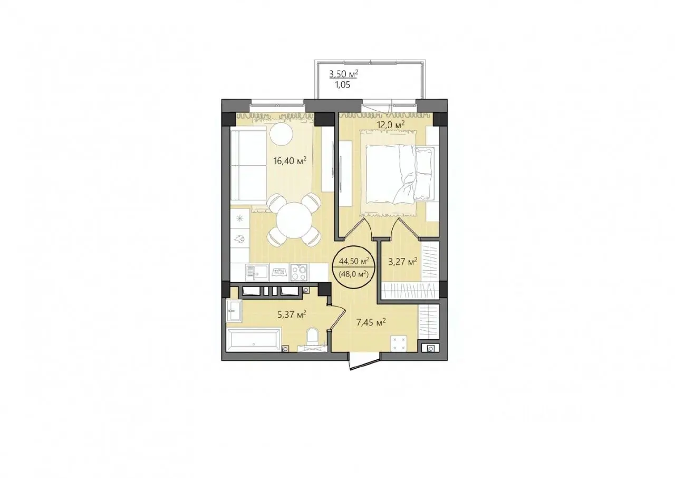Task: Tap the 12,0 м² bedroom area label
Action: tap(390, 125)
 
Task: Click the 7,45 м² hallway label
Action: tap(371, 322)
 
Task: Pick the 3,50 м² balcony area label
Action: tap(344, 74)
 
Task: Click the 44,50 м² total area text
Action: tap(354, 261)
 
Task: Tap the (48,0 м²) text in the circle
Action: tap(354, 274)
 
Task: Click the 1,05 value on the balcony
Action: tap(342, 85)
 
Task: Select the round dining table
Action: tap(294, 220)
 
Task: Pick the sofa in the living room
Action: tap(248, 164)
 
